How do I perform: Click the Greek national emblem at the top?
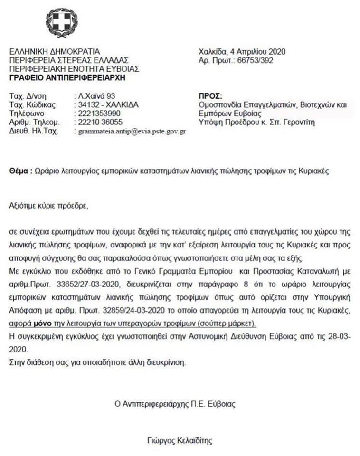tap(61, 22)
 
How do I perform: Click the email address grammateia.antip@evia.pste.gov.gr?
tap(132, 132)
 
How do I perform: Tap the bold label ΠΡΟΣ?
tap(209, 95)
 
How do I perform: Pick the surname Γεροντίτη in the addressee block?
tap(299, 123)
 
